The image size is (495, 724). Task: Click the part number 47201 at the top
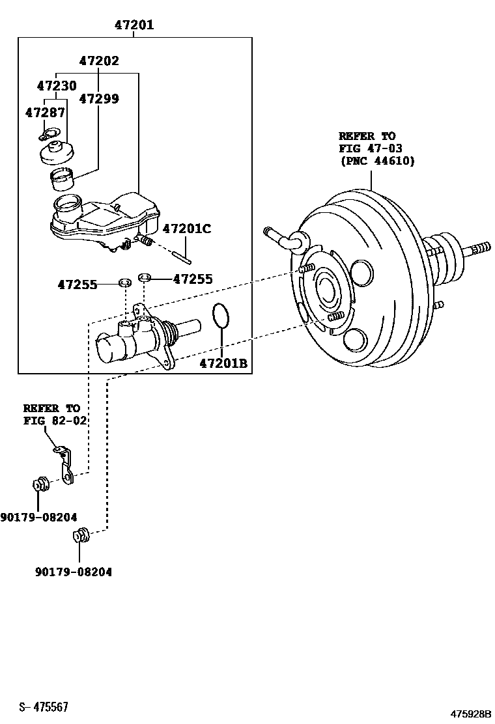tap(134, 25)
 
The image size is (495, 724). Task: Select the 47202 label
tap(99, 61)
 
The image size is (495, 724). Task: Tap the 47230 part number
tap(56, 86)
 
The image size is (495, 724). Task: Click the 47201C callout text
tap(187, 229)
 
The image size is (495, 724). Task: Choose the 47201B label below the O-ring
tap(223, 363)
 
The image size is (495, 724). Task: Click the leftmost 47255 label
tap(77, 285)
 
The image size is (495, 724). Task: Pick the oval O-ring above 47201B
tap(221, 316)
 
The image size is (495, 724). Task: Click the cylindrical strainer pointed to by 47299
tap(63, 176)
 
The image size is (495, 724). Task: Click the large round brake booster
tap(358, 273)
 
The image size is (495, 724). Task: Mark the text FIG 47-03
tap(370, 148)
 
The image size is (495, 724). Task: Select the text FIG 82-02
tap(55, 421)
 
